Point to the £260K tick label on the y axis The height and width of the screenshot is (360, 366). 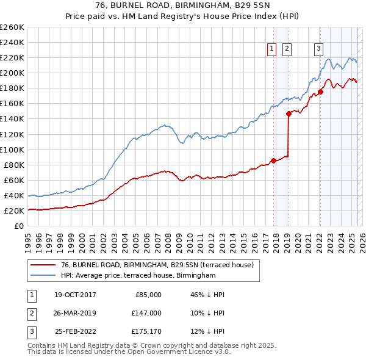[x=12, y=27]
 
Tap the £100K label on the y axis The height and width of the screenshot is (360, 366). [x=12, y=149]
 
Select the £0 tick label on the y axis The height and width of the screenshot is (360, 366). [x=18, y=226]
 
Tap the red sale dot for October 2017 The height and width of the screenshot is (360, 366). [x=273, y=161]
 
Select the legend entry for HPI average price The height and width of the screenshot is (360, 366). [x=138, y=276]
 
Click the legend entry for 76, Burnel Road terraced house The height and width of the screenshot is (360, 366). [x=160, y=264]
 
